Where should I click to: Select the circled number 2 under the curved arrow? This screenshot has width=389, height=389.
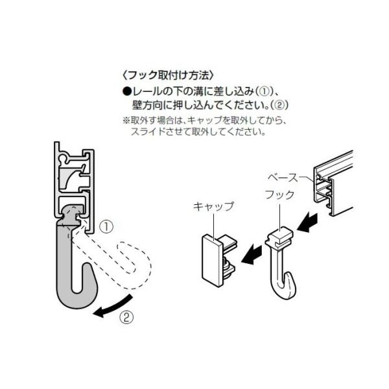pyautogui.click(x=127, y=318)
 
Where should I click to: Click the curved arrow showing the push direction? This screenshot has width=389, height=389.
pyautogui.click(x=115, y=307)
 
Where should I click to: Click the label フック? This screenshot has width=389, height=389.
pyautogui.click(x=279, y=194)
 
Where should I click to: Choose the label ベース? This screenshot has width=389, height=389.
pyautogui.click(x=283, y=176)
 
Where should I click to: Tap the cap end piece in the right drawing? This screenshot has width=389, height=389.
pyautogui.click(x=212, y=256)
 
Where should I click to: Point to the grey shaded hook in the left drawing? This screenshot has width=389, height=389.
pyautogui.click(x=71, y=272)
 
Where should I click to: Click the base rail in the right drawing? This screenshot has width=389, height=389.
pyautogui.click(x=334, y=182)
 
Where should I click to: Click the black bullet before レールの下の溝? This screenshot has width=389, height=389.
pyautogui.click(x=127, y=90)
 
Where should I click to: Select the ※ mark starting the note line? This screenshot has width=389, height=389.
pyautogui.click(x=126, y=121)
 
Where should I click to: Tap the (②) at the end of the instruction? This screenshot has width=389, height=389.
pyautogui.click(x=277, y=104)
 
